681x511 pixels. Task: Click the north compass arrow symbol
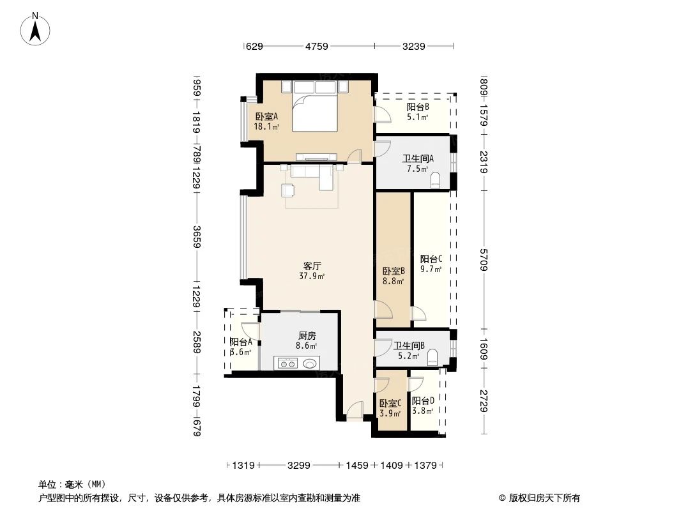click(x=37, y=29)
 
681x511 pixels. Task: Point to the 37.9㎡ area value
click(x=312, y=277)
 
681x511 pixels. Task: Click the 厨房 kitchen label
click(x=307, y=335)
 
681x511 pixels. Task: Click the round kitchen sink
click(x=310, y=363)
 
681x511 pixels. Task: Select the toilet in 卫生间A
click(x=437, y=180)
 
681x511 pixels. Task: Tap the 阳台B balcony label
click(x=418, y=107)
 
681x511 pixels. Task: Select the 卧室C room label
click(x=390, y=404)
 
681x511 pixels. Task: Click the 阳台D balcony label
click(x=423, y=401)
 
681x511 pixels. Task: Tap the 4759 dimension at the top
click(x=317, y=46)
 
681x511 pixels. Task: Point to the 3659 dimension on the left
click(x=197, y=237)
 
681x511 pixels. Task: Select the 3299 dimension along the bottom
click(x=299, y=466)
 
